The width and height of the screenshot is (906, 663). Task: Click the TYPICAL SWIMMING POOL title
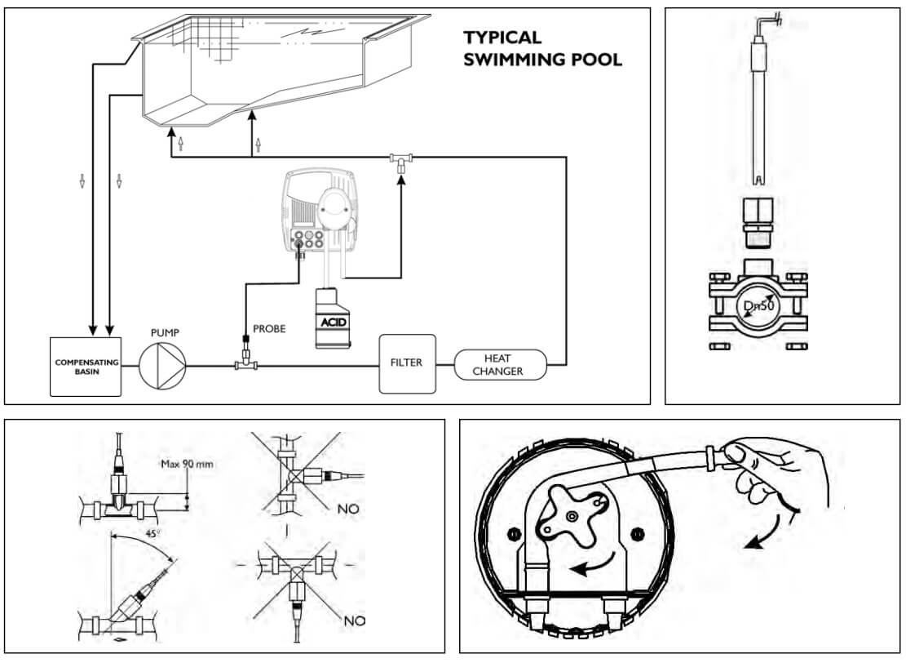(542, 48)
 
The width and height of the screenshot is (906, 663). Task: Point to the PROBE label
(269, 328)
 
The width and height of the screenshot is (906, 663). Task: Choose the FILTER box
(407, 363)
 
